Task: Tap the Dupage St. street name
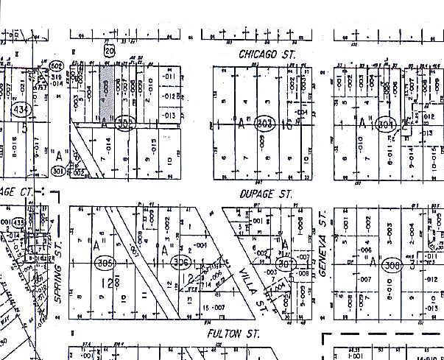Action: tap(266, 194)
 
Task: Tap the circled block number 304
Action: tap(385, 124)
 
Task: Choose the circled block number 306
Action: tap(180, 263)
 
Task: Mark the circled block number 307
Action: tap(285, 264)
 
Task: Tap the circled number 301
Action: tap(60, 172)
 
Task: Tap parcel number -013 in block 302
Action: tap(169, 116)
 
